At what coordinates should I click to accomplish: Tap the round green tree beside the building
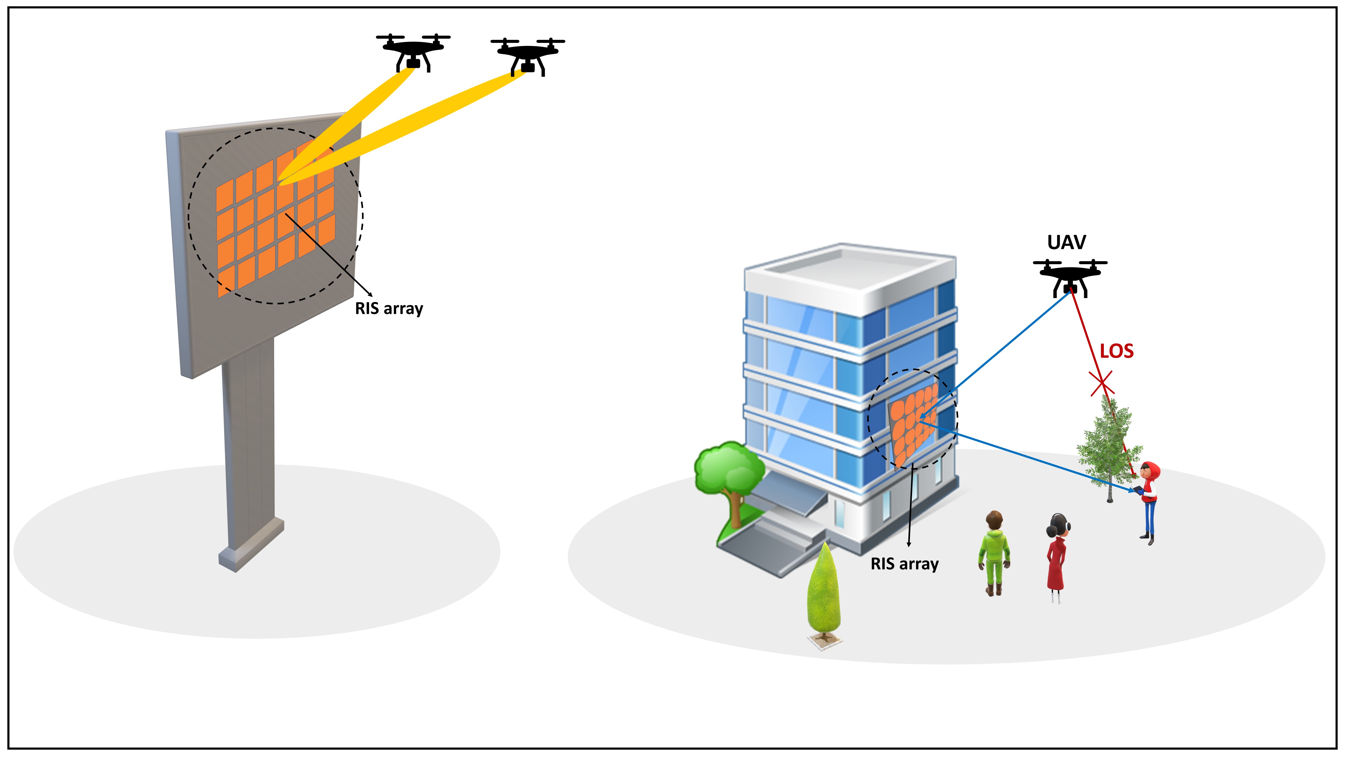point(728,470)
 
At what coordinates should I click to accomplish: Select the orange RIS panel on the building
point(914,423)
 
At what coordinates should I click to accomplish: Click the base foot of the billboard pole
point(251,549)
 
